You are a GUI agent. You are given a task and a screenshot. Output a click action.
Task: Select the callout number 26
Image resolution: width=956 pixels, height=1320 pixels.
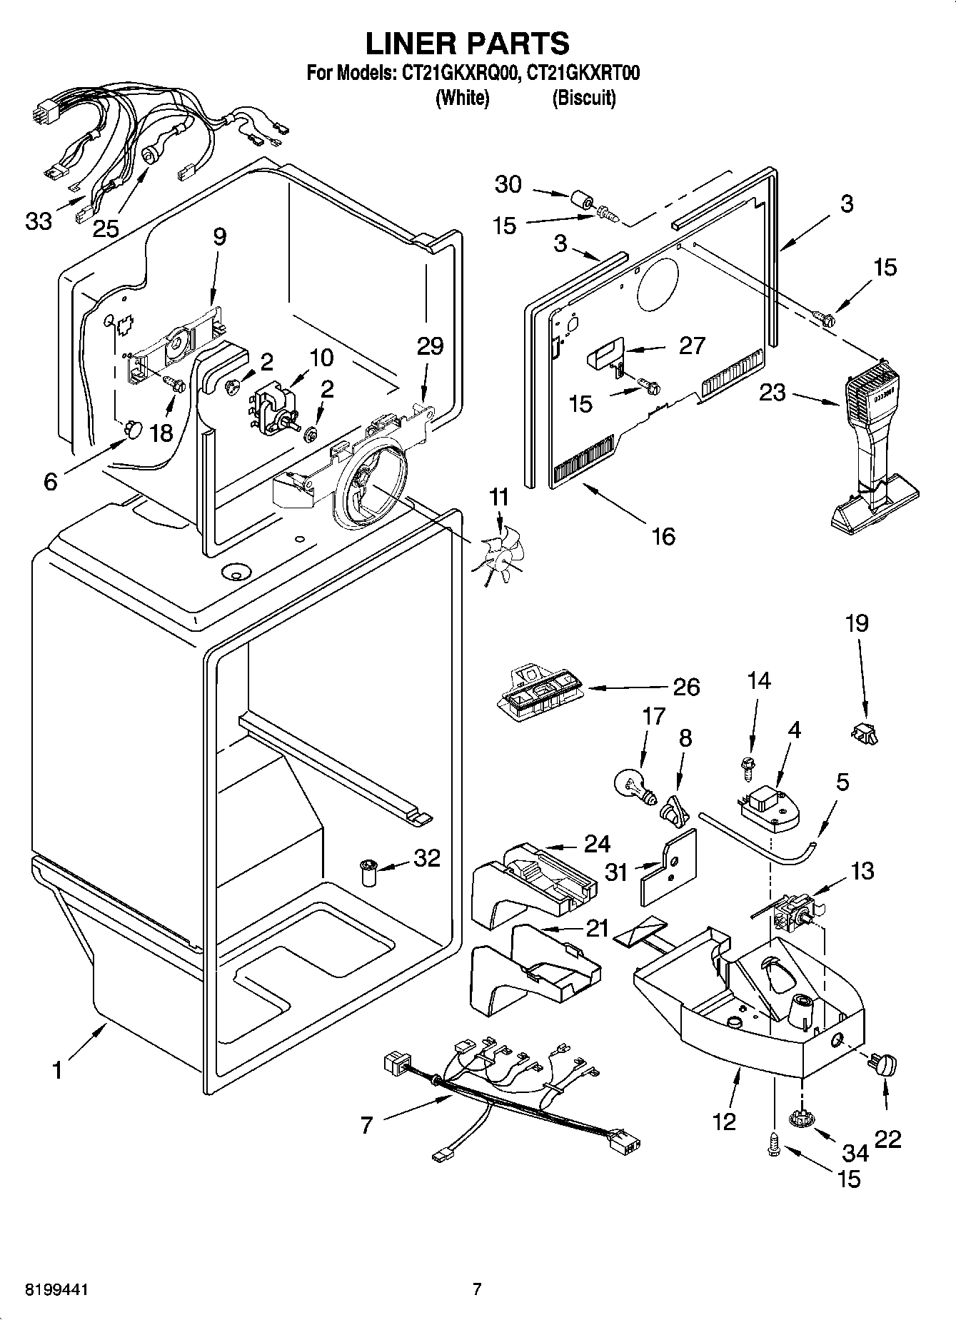pyautogui.click(x=686, y=687)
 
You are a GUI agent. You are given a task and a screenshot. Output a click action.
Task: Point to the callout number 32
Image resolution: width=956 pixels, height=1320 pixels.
pyautogui.click(x=426, y=858)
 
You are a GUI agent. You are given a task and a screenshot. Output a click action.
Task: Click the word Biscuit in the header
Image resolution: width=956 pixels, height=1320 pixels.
pyautogui.click(x=583, y=98)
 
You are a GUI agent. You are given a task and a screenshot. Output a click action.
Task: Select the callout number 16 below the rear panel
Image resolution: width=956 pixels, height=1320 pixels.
pyautogui.click(x=663, y=535)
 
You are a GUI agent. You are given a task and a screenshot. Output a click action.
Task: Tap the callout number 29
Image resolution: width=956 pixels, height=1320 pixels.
pyautogui.click(x=431, y=346)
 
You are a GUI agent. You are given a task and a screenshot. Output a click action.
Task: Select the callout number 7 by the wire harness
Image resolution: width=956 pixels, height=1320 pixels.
pyautogui.click(x=367, y=1126)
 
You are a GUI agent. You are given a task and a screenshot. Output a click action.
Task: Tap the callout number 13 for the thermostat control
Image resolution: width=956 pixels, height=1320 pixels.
pyautogui.click(x=862, y=870)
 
